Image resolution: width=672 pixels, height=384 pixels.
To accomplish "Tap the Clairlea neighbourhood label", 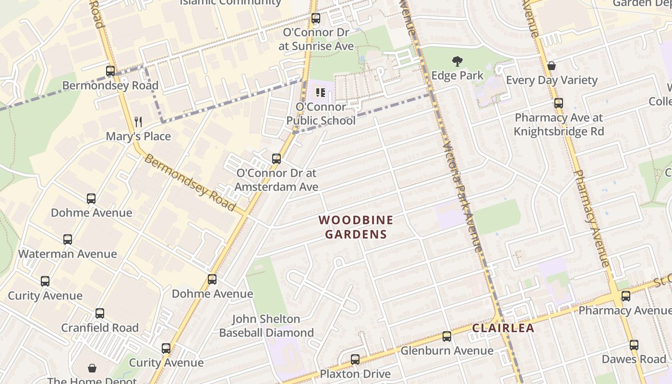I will [x=503, y=328].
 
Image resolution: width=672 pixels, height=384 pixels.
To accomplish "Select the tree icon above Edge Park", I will [x=457, y=61].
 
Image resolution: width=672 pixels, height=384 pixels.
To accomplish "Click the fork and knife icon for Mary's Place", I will [x=138, y=121].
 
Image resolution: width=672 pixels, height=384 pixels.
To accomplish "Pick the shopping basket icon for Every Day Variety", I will [x=552, y=66].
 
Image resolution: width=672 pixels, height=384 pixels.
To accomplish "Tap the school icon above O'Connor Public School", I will [x=321, y=92].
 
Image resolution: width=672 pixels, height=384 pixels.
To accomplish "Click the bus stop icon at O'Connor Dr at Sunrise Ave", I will [x=316, y=19].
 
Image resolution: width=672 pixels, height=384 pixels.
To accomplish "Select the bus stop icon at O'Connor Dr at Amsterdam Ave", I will [x=276, y=159].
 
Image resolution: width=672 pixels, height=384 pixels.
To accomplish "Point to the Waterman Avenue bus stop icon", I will [x=68, y=240].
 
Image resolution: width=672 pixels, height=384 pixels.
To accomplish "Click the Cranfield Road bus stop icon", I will [x=100, y=313].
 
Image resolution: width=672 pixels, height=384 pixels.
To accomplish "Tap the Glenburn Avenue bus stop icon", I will [x=447, y=336].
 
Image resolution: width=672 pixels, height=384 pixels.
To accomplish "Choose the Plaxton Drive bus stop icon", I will [x=355, y=360].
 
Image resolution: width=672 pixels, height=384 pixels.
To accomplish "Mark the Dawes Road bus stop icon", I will [x=634, y=345].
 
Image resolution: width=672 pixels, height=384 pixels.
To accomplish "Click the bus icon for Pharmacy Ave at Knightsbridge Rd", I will [x=559, y=103].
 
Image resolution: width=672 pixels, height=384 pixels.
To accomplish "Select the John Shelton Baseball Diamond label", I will [x=266, y=326].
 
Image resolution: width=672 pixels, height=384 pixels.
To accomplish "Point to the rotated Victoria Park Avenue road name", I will [x=462, y=197].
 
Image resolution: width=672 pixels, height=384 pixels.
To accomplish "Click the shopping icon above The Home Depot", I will [x=92, y=368].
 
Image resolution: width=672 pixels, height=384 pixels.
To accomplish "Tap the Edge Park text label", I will [x=457, y=76].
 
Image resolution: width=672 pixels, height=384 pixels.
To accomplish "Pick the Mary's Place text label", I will [x=138, y=136].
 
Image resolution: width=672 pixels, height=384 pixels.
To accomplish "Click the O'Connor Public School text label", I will [x=321, y=114].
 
